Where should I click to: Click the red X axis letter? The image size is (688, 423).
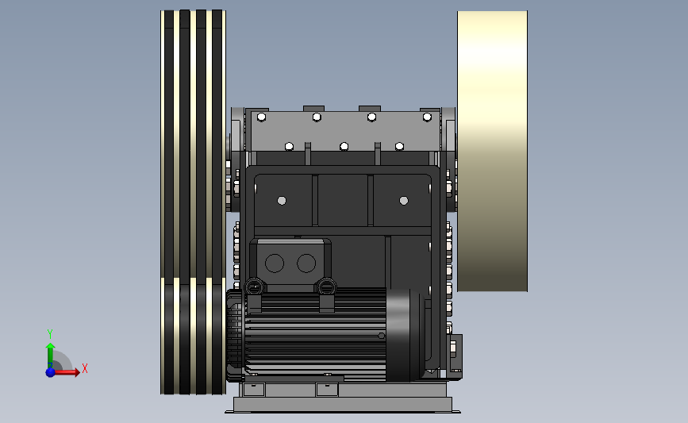pos(85,368)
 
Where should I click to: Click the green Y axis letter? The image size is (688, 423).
pos(49,334)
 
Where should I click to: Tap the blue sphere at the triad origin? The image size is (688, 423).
pos(51,372)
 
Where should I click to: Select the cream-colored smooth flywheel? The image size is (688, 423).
pos(492,151)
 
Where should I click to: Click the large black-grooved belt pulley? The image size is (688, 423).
pos(193,202)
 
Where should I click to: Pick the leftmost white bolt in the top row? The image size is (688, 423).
pos(262,117)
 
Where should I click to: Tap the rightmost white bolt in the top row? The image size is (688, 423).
pos(427,117)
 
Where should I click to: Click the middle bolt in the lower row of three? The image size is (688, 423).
pos(344,146)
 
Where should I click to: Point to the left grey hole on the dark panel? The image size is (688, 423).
pos(282,201)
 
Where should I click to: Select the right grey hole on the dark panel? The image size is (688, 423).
pos(404,201)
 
